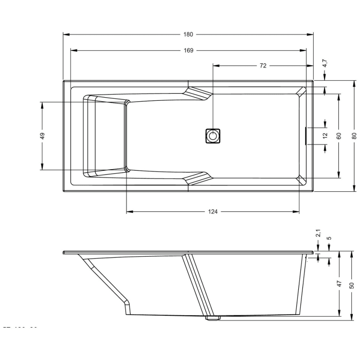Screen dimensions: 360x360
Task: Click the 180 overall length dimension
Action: (188, 34)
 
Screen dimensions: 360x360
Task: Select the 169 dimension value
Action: (188, 50)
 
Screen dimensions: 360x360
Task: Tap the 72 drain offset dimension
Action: (263, 66)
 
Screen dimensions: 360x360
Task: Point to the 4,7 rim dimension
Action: (325, 64)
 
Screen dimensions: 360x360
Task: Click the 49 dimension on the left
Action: (43, 136)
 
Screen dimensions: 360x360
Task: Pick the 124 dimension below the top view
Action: (213, 211)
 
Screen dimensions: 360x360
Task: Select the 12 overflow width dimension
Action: (325, 136)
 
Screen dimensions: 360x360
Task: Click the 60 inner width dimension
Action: (338, 136)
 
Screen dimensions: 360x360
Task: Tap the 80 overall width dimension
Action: (354, 136)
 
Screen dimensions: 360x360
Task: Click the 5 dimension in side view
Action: (329, 238)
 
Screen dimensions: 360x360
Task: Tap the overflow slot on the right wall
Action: (307, 136)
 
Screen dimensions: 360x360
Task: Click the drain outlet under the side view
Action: (212, 318)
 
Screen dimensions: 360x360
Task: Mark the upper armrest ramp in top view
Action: (198, 93)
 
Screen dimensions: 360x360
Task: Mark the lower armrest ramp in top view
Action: (198, 178)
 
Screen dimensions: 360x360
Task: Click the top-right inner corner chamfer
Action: (301, 92)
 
